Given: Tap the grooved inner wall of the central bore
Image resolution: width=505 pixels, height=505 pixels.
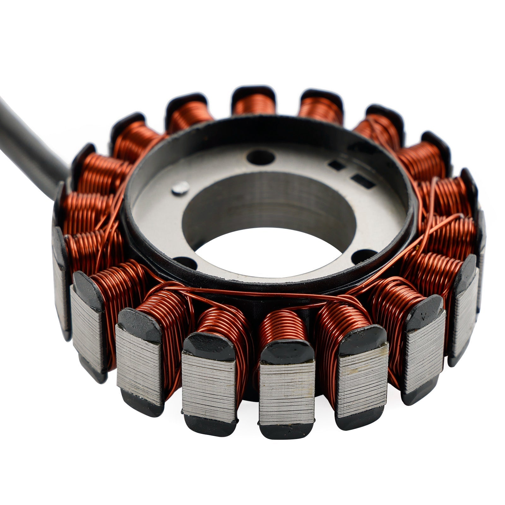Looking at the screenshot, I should pyautogui.click(x=268, y=202).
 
